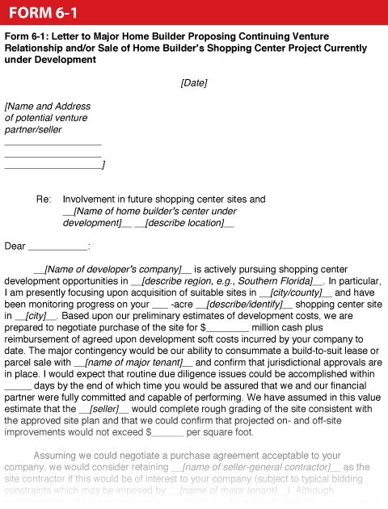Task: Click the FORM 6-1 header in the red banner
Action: [44, 12]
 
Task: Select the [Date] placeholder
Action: [194, 82]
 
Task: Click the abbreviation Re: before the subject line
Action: [44, 199]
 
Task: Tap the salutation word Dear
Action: [15, 246]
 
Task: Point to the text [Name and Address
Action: [48, 106]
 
